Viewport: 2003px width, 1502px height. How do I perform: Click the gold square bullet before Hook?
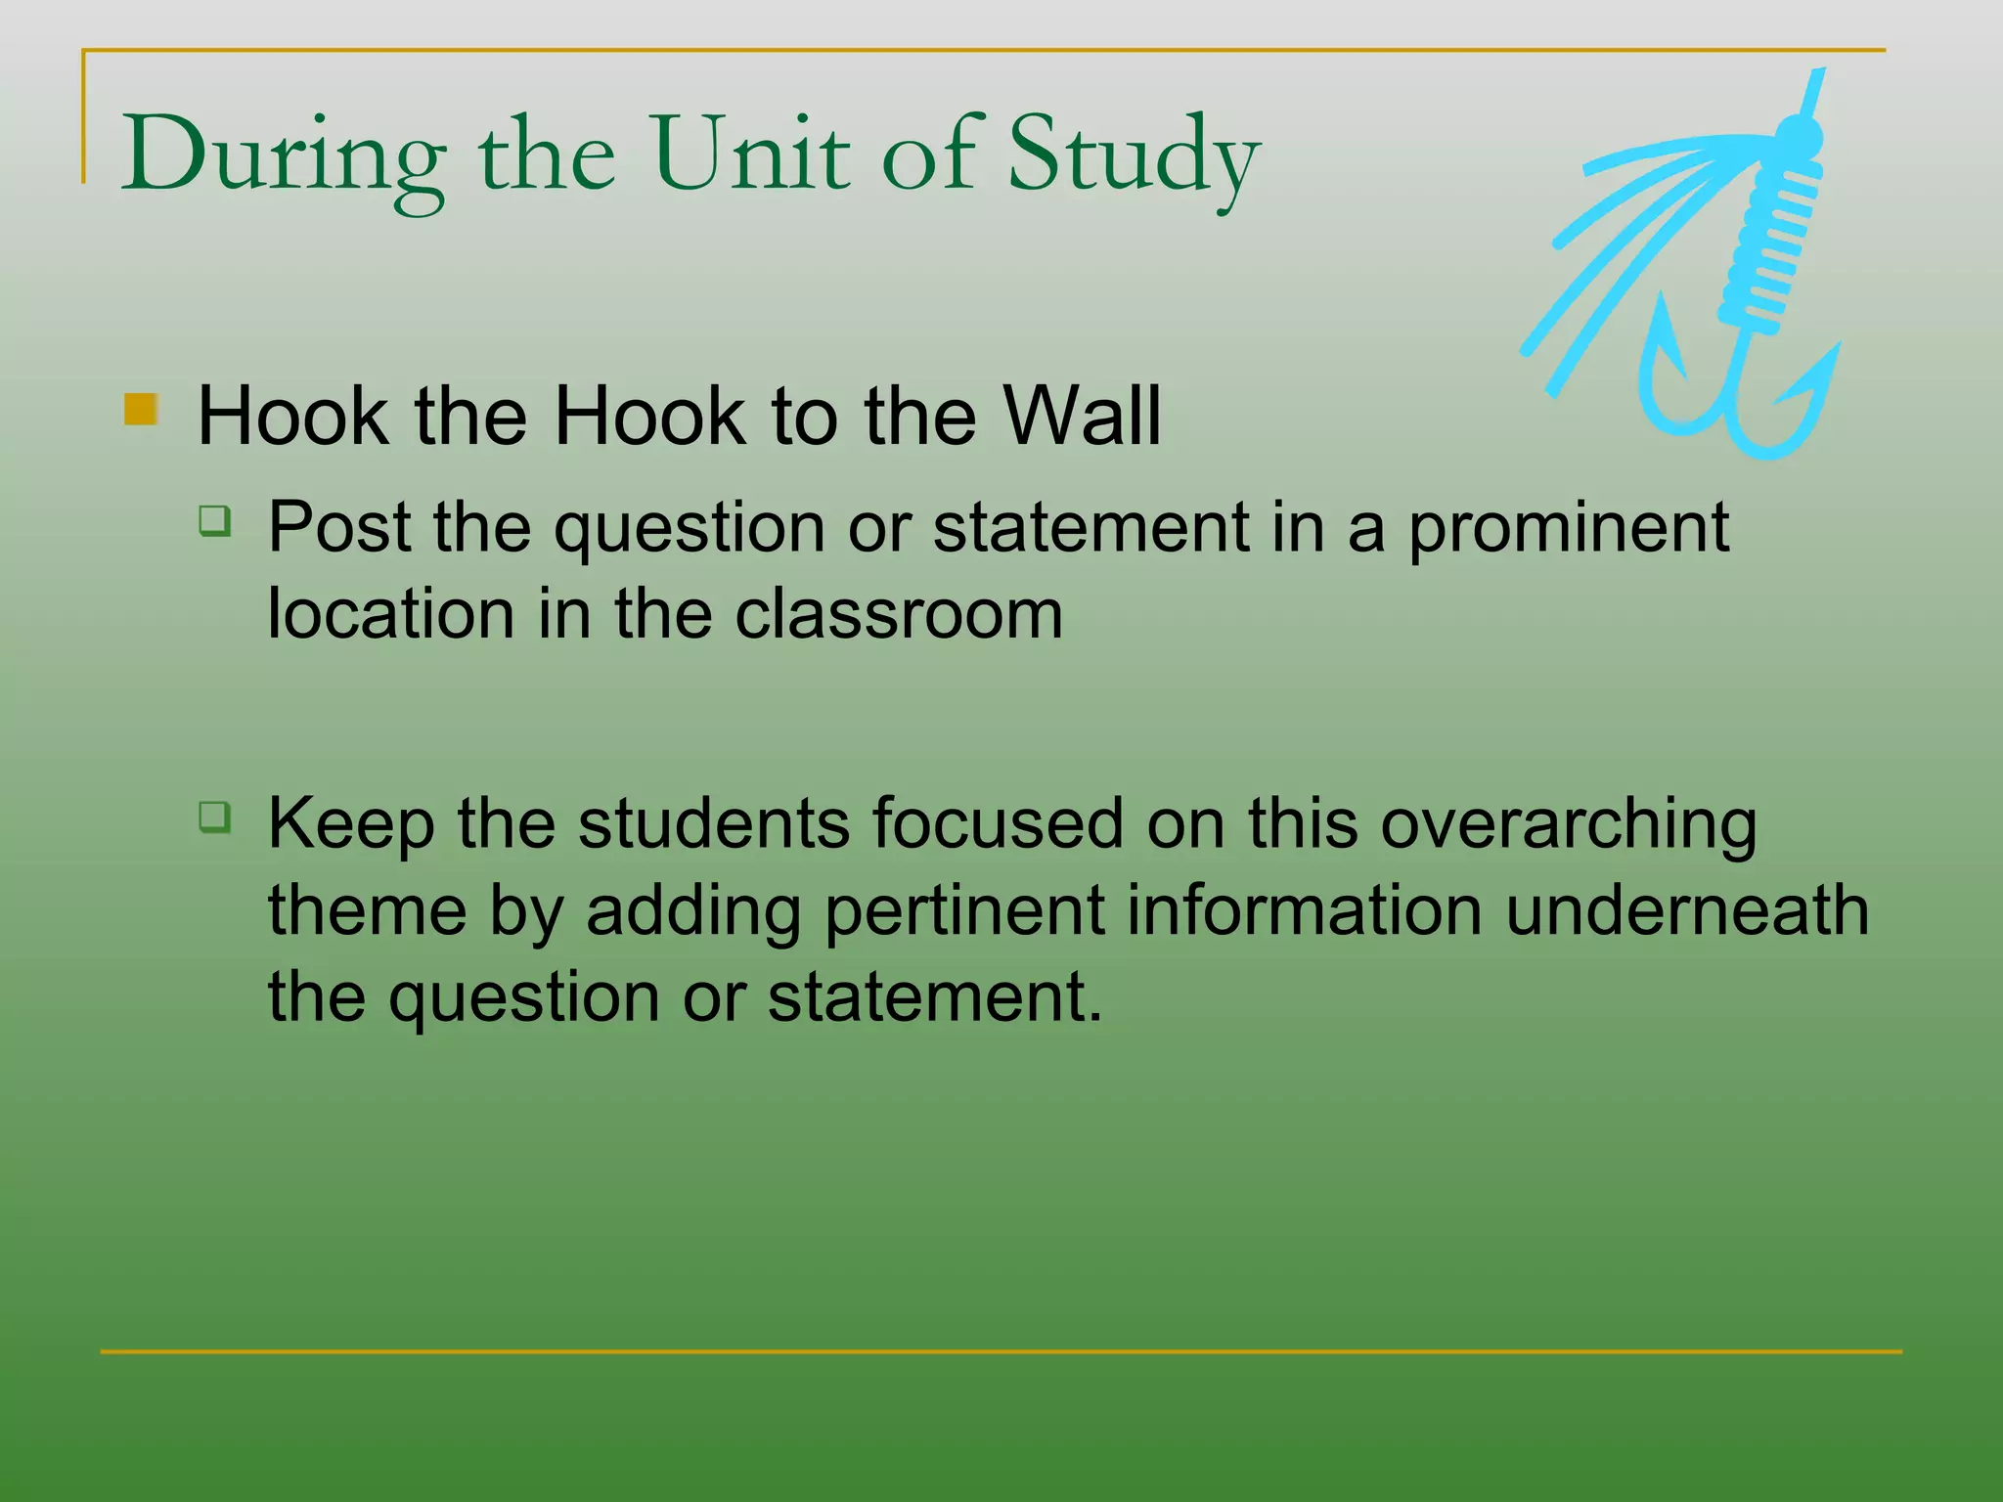click(x=142, y=409)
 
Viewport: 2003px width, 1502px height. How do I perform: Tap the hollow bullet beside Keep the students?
click(x=215, y=816)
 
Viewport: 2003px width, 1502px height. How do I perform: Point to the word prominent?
click(x=1568, y=529)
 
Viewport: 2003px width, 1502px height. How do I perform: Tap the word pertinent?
click(x=963, y=911)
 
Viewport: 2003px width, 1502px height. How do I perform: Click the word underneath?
click(x=1686, y=911)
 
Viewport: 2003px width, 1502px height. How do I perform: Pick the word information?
click(x=1304, y=911)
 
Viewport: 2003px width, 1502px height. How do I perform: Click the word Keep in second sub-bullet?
click(x=350, y=824)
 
